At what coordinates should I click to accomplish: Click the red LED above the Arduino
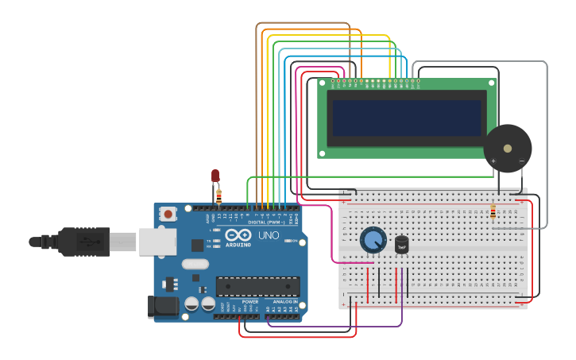click(215, 176)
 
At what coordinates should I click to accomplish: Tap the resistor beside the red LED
click(219, 195)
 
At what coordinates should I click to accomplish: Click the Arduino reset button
click(168, 213)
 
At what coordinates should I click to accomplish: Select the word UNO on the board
click(269, 235)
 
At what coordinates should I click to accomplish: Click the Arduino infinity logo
click(238, 235)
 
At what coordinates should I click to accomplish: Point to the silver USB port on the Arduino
click(157, 242)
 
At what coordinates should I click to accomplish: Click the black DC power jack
click(162, 307)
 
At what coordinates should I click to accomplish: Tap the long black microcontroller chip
click(257, 287)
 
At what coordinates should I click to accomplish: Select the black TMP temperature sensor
click(402, 246)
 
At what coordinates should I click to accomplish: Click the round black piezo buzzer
click(507, 148)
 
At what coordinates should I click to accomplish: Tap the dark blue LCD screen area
click(407, 118)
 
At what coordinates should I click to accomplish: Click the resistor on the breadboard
click(493, 211)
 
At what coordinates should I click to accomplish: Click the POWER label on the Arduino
click(250, 302)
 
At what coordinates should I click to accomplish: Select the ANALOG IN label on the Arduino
click(285, 302)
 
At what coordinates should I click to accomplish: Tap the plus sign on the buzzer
click(493, 161)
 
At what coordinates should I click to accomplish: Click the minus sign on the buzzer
click(521, 161)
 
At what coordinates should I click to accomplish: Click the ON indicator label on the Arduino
click(293, 240)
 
